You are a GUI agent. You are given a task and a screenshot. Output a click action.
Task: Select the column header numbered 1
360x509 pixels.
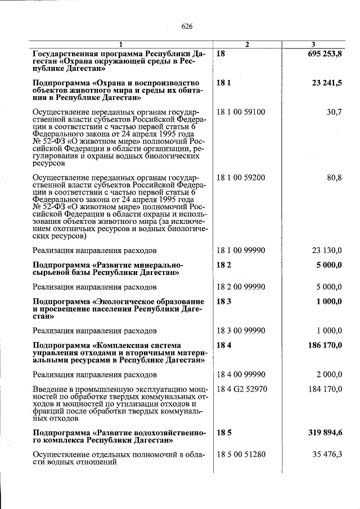(120, 44)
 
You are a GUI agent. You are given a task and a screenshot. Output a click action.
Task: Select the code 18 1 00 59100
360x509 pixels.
(241, 112)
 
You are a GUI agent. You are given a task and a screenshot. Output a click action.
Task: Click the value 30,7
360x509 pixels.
(334, 112)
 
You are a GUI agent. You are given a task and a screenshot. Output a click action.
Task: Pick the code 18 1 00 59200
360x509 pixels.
(241, 178)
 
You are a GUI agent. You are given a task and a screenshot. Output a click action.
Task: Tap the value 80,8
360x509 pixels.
(334, 178)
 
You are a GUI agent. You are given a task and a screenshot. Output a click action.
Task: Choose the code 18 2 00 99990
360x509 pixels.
(241, 287)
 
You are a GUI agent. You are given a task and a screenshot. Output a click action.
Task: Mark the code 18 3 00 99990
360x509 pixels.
(241, 331)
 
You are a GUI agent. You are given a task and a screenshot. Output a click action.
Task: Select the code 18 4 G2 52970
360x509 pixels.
(241, 389)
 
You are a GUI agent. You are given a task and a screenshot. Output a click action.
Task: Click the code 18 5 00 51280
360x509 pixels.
(241, 455)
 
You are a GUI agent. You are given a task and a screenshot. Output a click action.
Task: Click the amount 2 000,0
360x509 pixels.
(329, 375)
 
